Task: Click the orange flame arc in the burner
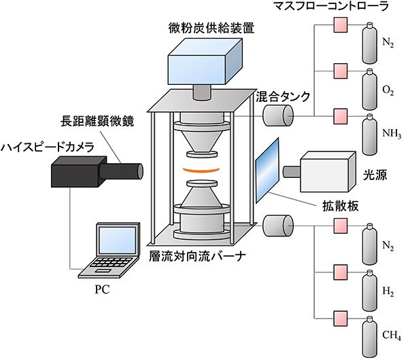click(201, 171)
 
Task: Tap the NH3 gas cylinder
click(370, 134)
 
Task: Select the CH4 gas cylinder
click(370, 337)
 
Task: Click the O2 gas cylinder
click(370, 89)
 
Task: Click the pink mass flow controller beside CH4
click(341, 319)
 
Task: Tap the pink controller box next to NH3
click(341, 116)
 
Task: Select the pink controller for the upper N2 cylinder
click(341, 25)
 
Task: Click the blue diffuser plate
click(267, 170)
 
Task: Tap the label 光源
click(375, 176)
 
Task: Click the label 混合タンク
click(283, 96)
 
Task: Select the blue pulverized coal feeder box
click(205, 62)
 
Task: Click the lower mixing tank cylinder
click(278, 226)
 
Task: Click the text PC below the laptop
click(102, 289)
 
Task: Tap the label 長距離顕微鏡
click(97, 121)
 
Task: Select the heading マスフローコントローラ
click(331, 6)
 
